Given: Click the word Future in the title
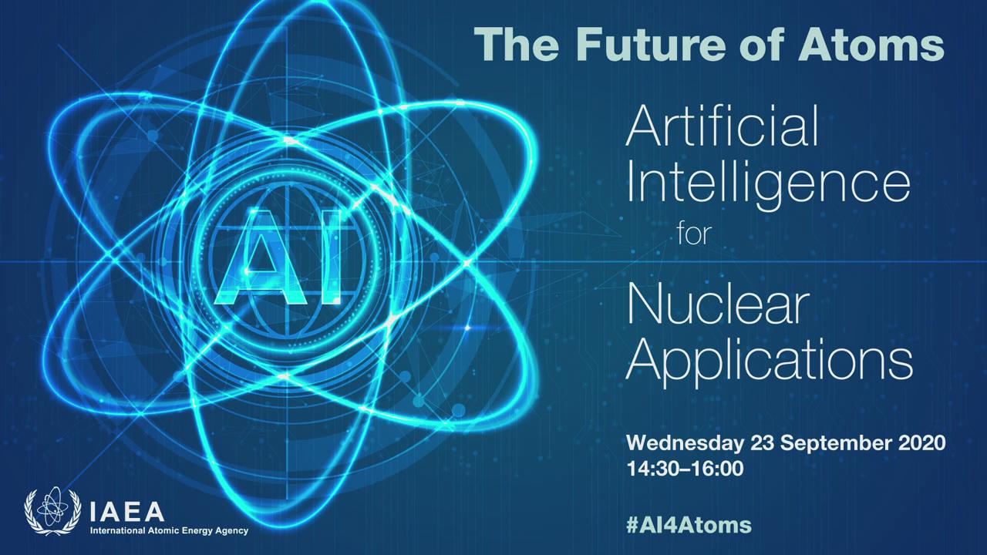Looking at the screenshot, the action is point(650,45).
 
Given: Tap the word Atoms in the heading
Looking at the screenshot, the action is point(871,45).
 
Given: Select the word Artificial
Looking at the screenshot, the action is point(722,126).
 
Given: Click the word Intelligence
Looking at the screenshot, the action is point(768,184).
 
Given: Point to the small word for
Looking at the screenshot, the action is point(695,234).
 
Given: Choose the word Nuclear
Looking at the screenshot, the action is point(718,304).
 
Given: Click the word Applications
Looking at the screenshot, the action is point(770,363).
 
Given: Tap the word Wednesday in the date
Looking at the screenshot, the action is point(685,443).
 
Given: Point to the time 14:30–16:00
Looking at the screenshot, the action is point(686,469).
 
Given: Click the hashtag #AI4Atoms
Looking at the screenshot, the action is point(689,525).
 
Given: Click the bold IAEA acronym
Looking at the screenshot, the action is point(127,512).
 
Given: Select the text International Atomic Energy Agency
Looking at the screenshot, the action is point(169,531).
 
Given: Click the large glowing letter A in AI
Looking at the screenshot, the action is point(260,257).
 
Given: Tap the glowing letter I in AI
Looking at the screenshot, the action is point(331,257).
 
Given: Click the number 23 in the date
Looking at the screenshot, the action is point(762,443).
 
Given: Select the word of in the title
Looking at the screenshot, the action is point(761,45).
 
